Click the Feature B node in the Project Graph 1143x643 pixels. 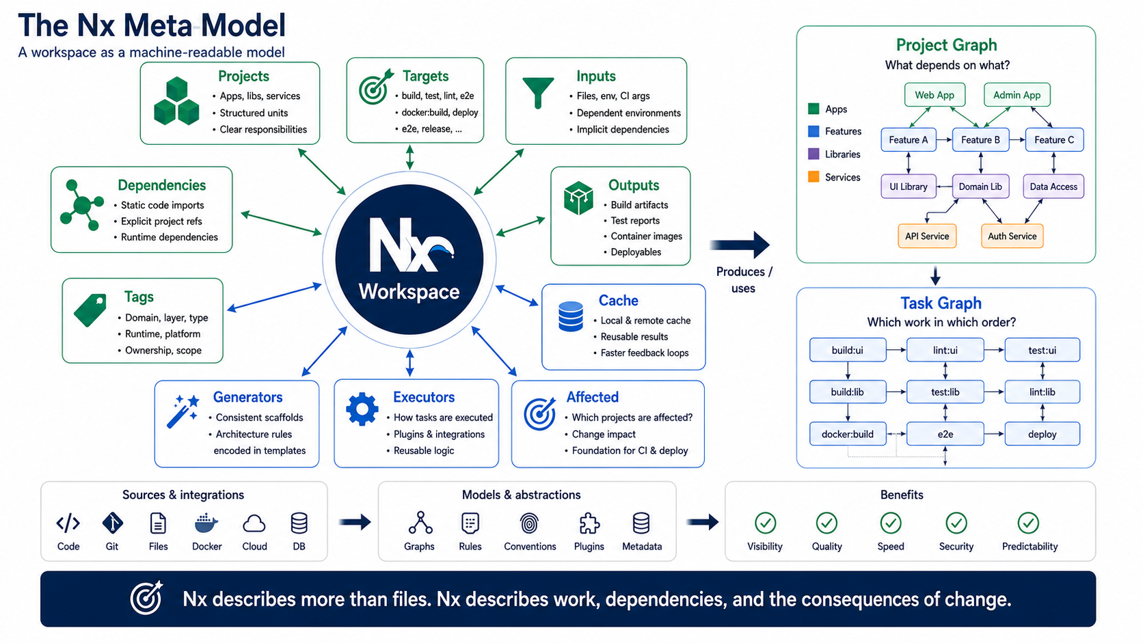pyautogui.click(x=980, y=139)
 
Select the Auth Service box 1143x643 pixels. pyautogui.click(x=1012, y=236)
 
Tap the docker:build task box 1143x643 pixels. pyautogui.click(x=848, y=434)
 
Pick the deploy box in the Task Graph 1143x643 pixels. pyautogui.click(x=1042, y=434)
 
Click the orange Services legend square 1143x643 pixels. pyautogui.click(x=814, y=177)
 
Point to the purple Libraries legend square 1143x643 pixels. pyautogui.click(x=814, y=154)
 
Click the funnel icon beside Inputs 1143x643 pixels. pyautogui.click(x=538, y=92)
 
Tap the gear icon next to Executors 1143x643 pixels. pyautogui.click(x=362, y=409)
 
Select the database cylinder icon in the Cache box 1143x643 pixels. pyautogui.click(x=571, y=316)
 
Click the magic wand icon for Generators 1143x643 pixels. pyautogui.click(x=183, y=411)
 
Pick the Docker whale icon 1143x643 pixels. pyautogui.click(x=206, y=523)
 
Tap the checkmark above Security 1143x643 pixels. pyautogui.click(x=956, y=523)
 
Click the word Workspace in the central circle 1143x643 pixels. pyautogui.click(x=409, y=292)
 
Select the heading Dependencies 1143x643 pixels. pyautogui.click(x=162, y=185)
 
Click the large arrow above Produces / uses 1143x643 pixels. pyautogui.click(x=740, y=245)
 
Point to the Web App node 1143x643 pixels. pyautogui.click(x=934, y=95)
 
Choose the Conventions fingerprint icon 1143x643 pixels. pyautogui.click(x=529, y=523)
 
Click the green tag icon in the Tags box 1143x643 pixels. pyautogui.click(x=90, y=310)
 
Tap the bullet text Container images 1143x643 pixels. pyautogui.click(x=647, y=236)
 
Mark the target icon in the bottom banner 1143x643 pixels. pyautogui.click(x=146, y=598)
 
